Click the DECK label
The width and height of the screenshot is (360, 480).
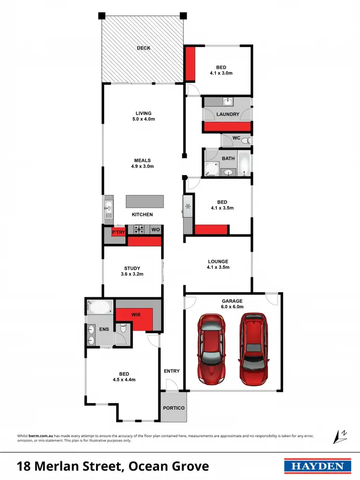143,48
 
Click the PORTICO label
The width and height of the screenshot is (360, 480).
173,408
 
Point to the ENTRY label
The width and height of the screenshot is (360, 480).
171,371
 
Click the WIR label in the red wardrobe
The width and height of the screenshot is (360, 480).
136,315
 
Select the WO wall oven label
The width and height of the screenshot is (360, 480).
156,230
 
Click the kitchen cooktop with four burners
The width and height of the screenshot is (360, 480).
139,230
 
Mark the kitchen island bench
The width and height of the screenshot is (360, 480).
144,201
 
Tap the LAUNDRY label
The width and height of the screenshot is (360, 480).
228,114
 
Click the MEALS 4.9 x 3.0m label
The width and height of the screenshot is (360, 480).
143,164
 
